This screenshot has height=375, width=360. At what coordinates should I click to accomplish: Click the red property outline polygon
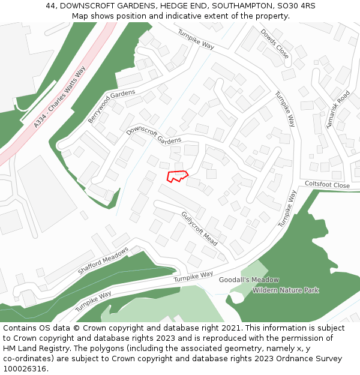[x=176, y=176]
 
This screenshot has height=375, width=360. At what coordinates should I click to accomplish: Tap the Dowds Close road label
[x=275, y=44]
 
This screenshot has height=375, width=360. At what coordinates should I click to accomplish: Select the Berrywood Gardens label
[x=112, y=106]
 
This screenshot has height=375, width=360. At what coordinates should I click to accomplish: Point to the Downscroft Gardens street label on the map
[x=154, y=135]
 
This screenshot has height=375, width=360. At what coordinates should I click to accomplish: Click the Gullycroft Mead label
[x=199, y=227]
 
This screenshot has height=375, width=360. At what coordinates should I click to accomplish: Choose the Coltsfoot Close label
[x=327, y=185]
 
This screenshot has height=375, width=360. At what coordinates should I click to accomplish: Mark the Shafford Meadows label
[x=103, y=261]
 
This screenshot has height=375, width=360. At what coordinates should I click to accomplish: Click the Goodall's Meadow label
[x=248, y=280]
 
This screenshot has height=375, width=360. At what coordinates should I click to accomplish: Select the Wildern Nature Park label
[x=286, y=290]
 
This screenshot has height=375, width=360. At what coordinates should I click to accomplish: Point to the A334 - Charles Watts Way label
[x=60, y=97]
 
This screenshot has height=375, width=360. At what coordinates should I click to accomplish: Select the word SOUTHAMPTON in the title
[x=244, y=6]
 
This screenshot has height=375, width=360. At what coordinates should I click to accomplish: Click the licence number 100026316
[x=26, y=368]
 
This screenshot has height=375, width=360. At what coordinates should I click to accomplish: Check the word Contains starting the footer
[x=22, y=328]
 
